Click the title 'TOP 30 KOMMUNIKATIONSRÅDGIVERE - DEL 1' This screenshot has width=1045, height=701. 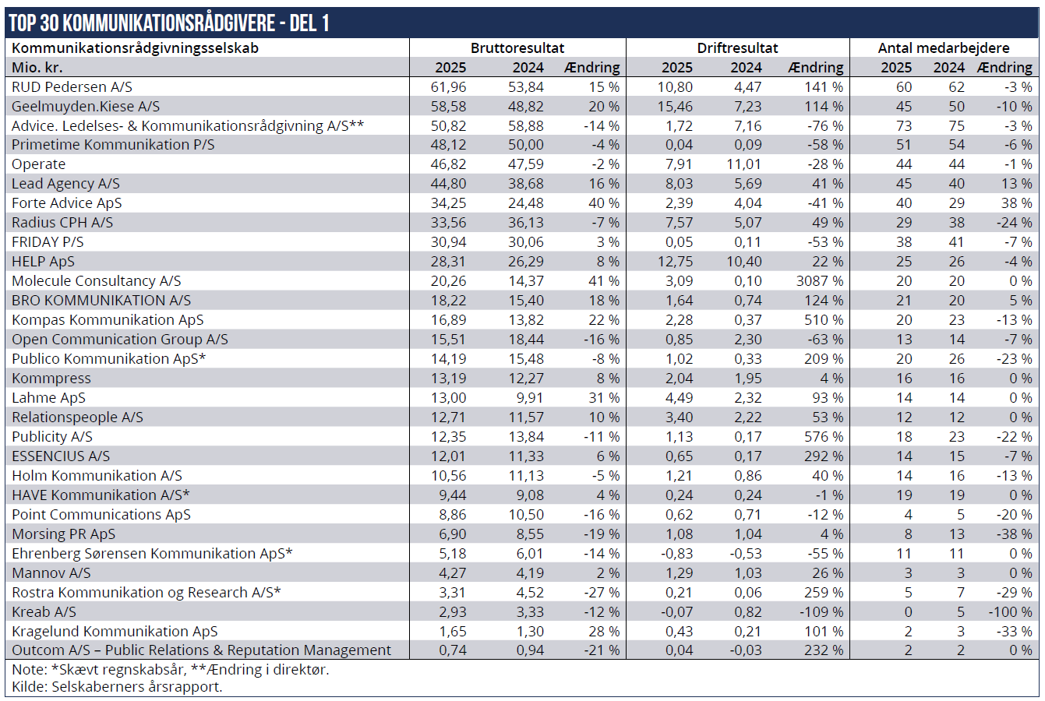pos(169,23)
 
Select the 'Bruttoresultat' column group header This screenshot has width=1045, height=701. pos(517,48)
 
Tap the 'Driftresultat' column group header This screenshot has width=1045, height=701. pos(737,48)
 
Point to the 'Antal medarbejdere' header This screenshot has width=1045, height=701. pos(944,48)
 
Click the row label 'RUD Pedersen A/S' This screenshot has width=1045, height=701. pos(72,86)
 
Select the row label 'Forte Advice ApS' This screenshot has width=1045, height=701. pos(67,203)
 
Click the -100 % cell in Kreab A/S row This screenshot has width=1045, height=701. pos(1010,611)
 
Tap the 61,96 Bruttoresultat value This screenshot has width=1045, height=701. pos(448,86)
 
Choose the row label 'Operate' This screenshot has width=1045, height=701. pos(39,164)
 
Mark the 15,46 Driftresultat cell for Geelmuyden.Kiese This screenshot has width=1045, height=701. pos(675,107)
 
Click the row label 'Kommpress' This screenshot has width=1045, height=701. pos(51,379)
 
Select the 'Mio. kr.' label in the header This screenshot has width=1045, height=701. pos(37,68)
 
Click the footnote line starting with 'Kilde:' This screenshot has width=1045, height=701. pos(117,686)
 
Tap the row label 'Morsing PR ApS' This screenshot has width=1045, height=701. pos(63,534)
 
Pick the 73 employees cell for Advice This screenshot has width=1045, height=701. pos(904,126)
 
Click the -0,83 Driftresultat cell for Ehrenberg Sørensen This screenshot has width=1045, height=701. pos(677,553)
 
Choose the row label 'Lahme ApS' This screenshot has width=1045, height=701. pos(48,398)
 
